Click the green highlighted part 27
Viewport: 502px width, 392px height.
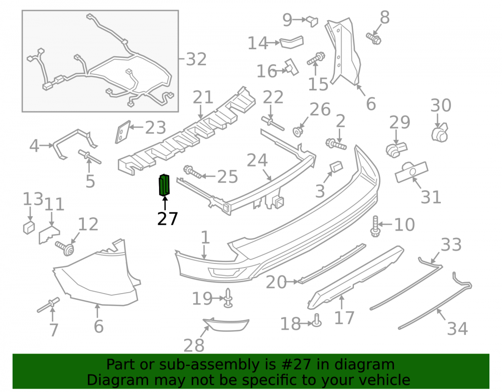164,185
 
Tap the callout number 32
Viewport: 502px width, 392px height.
196,59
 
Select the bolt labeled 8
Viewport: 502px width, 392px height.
373,39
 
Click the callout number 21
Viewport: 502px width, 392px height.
203,97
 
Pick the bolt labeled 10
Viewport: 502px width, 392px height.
375,226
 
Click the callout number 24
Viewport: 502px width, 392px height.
257,160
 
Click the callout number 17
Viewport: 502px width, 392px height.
344,318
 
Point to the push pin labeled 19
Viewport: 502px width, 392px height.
228,298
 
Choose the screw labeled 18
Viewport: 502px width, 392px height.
316,321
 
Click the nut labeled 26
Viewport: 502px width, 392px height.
298,131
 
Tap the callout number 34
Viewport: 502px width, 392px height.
457,329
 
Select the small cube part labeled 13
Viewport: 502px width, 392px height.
29,227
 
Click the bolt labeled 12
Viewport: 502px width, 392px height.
65,248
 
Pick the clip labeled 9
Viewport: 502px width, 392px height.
312,22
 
